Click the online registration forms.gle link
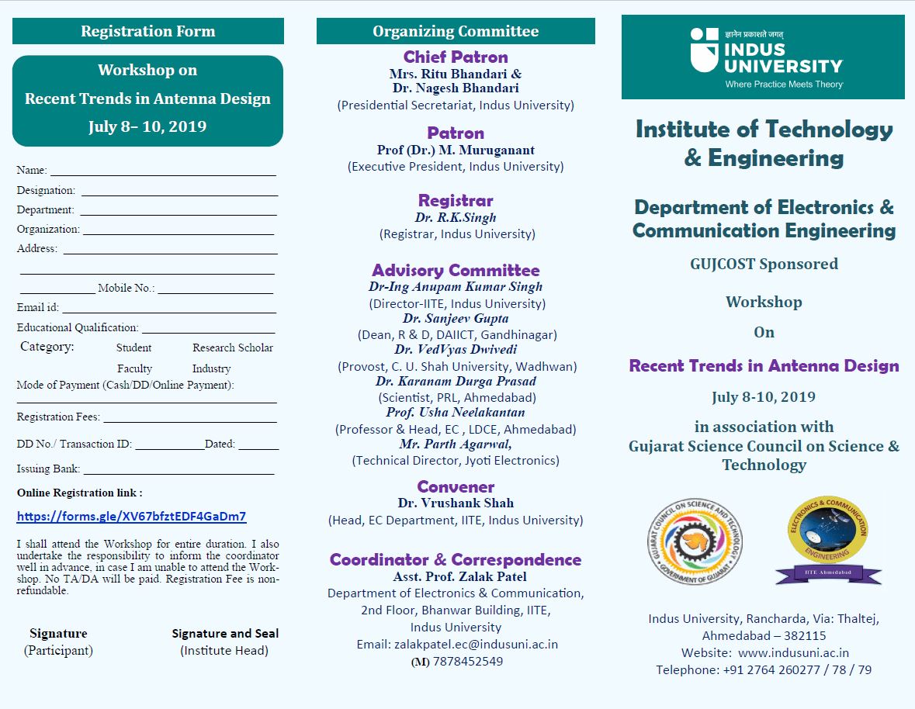[131, 517]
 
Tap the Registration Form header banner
[147, 31]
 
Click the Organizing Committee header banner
[456, 31]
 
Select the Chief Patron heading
[456, 57]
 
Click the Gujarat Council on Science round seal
[695, 540]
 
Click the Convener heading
[456, 486]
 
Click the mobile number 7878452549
[467, 662]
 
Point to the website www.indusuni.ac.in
[793, 653]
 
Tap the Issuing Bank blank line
[178, 470]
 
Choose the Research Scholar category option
[233, 348]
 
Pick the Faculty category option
[134, 368]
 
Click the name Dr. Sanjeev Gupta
[456, 319]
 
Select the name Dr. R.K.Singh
[456, 218]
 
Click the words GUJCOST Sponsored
[764, 264]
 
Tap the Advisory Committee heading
[456, 270]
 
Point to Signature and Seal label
[225, 634]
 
